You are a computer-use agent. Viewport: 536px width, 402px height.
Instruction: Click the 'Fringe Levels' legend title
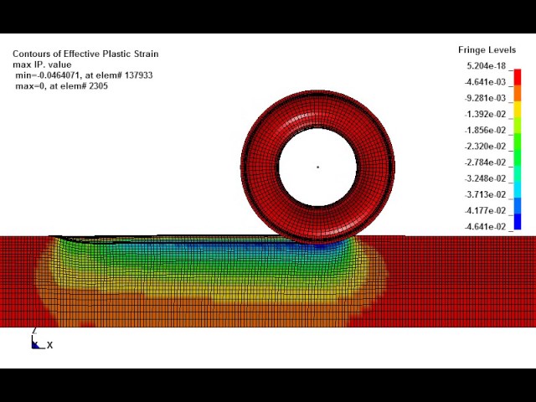(x=487, y=50)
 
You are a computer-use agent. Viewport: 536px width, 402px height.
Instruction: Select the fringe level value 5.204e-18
(x=486, y=65)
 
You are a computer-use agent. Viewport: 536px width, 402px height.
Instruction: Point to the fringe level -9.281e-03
(x=485, y=98)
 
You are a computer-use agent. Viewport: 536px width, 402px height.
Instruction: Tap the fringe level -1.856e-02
(x=485, y=131)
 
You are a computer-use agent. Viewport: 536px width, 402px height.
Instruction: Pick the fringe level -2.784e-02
(x=485, y=162)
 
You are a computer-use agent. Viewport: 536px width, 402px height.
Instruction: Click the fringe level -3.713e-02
(x=485, y=194)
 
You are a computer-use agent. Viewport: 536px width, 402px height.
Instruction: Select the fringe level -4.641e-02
(x=485, y=227)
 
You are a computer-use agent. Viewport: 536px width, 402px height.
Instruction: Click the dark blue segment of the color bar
(x=518, y=221)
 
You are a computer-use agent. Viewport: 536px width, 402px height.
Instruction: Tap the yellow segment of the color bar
(x=518, y=109)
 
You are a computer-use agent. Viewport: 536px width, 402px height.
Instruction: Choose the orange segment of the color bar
(x=518, y=93)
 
